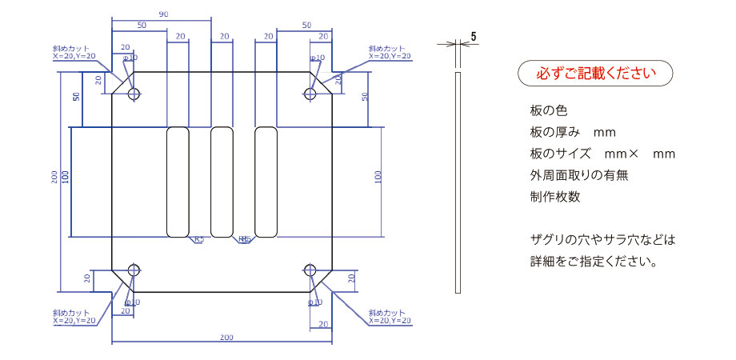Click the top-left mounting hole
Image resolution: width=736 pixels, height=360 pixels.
point(133,94)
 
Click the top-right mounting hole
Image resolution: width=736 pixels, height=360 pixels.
point(311,94)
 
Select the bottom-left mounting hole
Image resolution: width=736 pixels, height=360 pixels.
point(133,270)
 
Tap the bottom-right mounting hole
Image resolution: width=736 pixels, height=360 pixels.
point(311,270)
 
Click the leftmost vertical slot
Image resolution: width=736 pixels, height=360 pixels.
point(177,182)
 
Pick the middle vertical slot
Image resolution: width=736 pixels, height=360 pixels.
point(222,182)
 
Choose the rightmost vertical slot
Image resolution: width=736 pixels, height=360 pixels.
point(266,182)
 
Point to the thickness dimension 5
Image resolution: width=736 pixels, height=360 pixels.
point(474,37)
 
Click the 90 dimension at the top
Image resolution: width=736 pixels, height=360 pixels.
point(163,14)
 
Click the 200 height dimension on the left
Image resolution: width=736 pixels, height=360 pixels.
point(55,178)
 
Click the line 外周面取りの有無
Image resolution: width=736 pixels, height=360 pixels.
point(578,175)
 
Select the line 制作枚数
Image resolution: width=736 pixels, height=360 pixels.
point(554,197)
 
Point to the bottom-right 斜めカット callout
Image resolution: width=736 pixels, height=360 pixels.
point(390,316)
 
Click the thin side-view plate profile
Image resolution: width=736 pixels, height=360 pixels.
point(458,182)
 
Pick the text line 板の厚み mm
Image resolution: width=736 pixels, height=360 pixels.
point(571,131)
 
